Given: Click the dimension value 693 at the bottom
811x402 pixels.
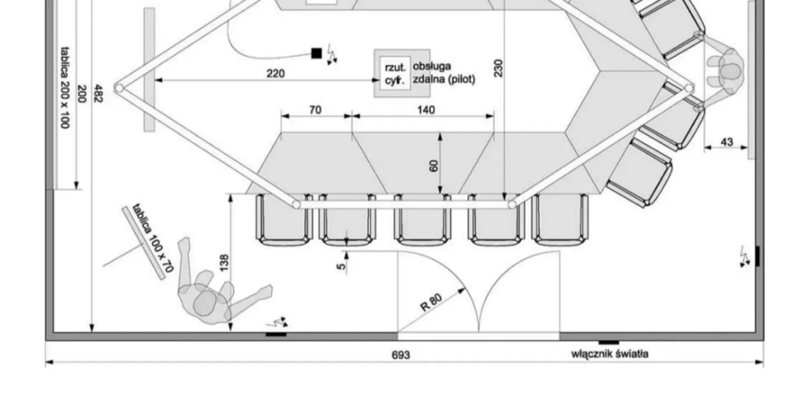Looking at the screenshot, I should (x=401, y=355).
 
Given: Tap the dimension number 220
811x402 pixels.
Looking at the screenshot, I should (x=275, y=73).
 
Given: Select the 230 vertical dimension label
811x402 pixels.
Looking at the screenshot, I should (x=498, y=69).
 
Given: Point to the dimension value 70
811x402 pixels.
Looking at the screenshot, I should (x=316, y=110).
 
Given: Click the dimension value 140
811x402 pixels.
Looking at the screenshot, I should (x=426, y=110).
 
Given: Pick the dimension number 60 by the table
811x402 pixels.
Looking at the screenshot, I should (x=434, y=165).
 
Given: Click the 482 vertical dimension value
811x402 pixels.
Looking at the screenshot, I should (x=98, y=93).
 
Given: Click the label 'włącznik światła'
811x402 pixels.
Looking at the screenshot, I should (x=609, y=354).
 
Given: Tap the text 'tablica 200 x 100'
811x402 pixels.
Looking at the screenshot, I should (x=64, y=88).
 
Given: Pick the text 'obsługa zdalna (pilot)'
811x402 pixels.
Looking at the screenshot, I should (x=443, y=73).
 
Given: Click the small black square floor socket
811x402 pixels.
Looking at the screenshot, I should (x=316, y=53).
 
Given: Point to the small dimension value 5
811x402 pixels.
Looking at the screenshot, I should (x=340, y=267).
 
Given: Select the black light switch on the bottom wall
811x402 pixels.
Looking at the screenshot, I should (x=609, y=341).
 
